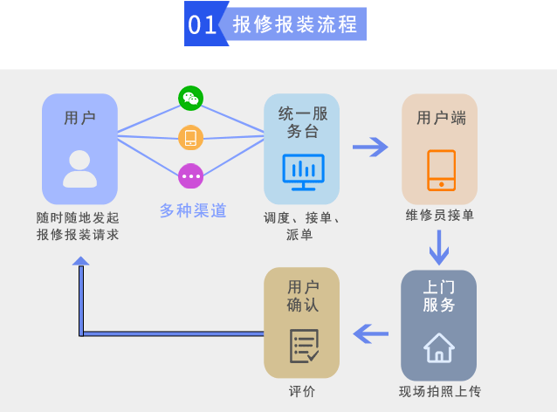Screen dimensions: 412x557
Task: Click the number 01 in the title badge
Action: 203,24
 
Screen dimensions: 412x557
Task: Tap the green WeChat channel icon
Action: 190,98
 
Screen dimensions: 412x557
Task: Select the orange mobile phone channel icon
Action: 190,137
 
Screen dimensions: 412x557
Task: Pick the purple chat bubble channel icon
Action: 190,176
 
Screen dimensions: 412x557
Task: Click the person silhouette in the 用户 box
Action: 79,168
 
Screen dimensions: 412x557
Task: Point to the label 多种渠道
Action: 193,210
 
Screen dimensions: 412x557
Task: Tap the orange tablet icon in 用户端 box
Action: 440,170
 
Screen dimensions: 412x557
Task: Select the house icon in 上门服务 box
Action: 438,347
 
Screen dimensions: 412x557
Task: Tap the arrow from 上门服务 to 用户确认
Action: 370,333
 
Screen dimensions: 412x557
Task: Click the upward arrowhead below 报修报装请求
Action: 81,261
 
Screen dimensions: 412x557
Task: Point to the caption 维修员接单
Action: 440,216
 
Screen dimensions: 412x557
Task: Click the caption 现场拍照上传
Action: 439,391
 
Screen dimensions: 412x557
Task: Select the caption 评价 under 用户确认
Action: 302,391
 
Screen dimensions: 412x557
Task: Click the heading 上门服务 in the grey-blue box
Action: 438,295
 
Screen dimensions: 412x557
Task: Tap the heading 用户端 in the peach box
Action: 441,118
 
